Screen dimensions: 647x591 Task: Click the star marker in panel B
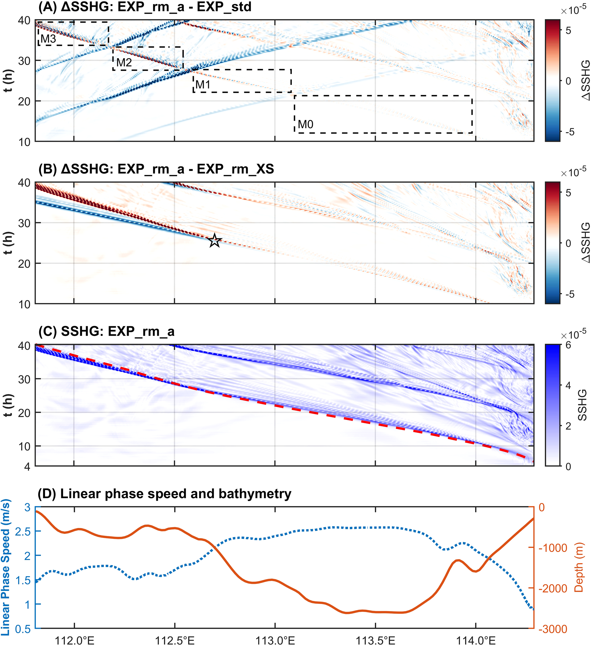point(215,240)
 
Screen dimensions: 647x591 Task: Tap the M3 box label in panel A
point(48,39)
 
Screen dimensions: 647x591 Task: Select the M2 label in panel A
point(124,62)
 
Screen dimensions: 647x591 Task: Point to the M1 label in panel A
point(203,85)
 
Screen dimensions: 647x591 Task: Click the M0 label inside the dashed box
point(305,124)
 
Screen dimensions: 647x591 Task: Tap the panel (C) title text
point(107,331)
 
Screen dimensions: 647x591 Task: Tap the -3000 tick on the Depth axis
point(553,629)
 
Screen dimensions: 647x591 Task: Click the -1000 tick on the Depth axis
point(553,548)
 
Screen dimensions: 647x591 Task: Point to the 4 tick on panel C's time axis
point(27,467)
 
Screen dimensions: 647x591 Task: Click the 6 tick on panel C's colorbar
point(568,345)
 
